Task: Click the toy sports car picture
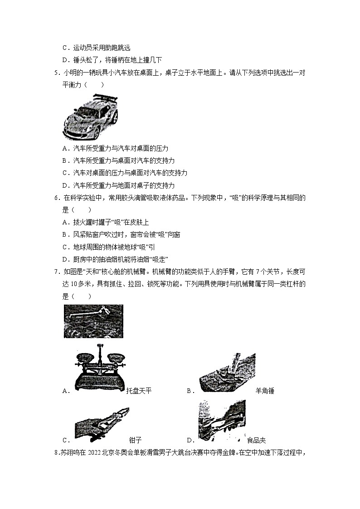[x=91, y=116]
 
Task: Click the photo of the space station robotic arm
[x=93, y=321]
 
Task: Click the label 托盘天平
[x=139, y=391]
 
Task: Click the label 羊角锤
[x=265, y=391]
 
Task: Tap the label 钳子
[x=136, y=440]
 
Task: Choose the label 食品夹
[x=257, y=440]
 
